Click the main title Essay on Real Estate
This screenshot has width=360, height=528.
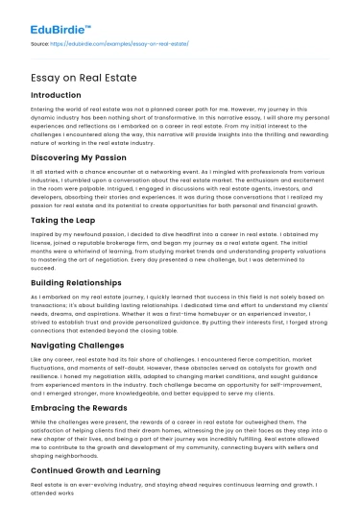tap(88, 79)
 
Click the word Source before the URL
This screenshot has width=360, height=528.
tap(40, 44)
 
